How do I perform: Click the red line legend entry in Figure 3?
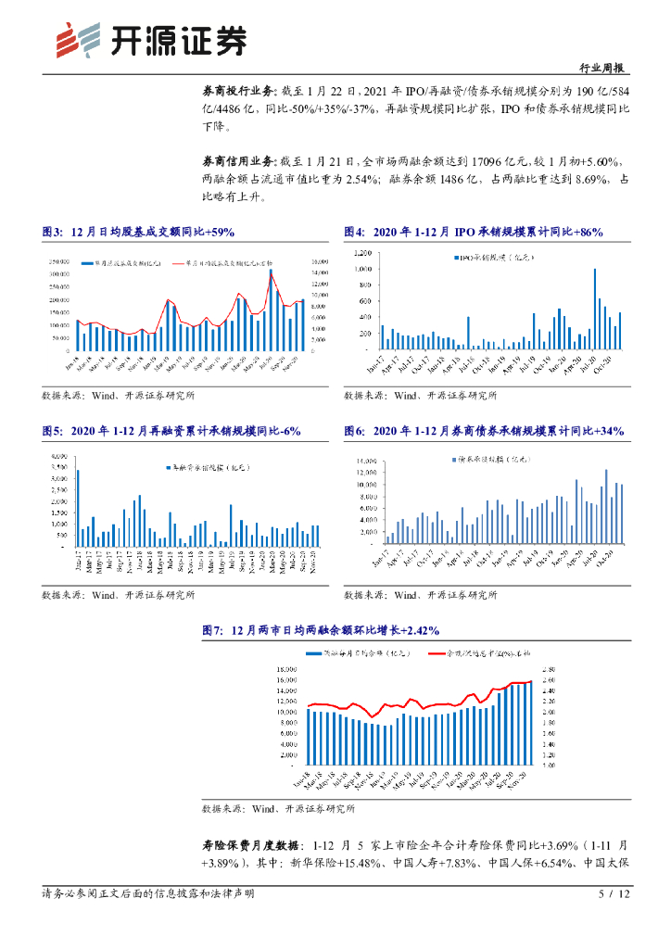click(222, 263)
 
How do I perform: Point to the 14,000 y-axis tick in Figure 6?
click(361, 460)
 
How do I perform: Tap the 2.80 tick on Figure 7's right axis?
click(548, 668)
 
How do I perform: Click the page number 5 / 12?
click(614, 894)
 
